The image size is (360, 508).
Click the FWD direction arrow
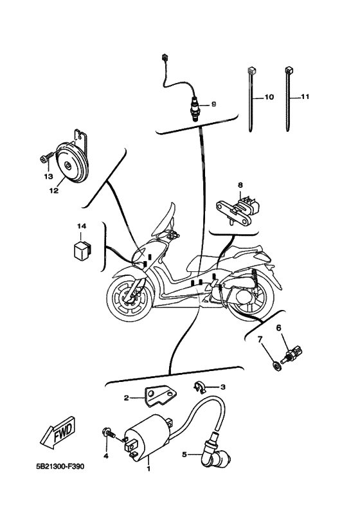59,433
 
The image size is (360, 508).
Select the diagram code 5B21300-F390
60,467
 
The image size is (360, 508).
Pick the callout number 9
213,104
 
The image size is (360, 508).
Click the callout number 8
240,185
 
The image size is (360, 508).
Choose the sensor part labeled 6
293,354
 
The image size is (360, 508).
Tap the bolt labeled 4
109,433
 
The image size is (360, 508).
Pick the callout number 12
54,190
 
